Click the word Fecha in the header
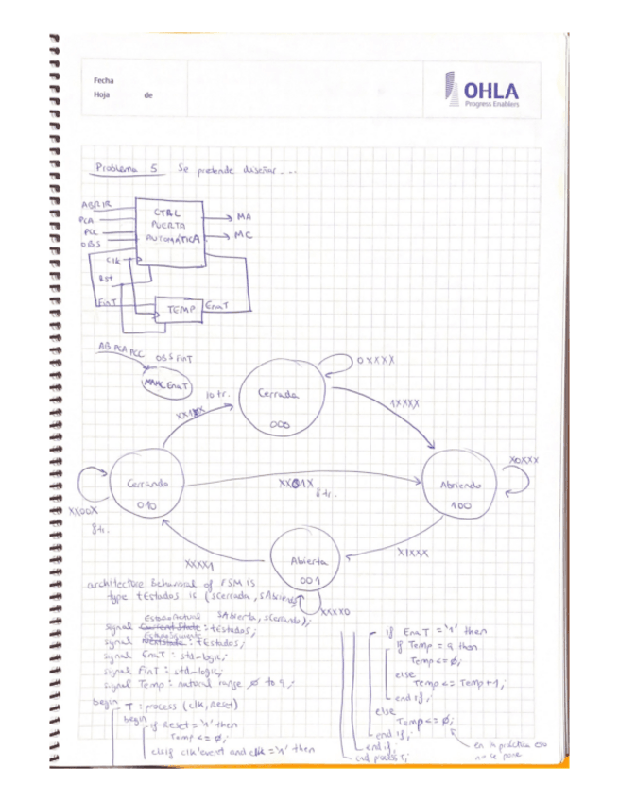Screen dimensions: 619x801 (x=104, y=81)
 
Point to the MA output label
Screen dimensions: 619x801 (x=244, y=216)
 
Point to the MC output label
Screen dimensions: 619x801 (x=243, y=234)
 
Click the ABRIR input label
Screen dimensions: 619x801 (x=96, y=205)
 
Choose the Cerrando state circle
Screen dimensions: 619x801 (x=146, y=491)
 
